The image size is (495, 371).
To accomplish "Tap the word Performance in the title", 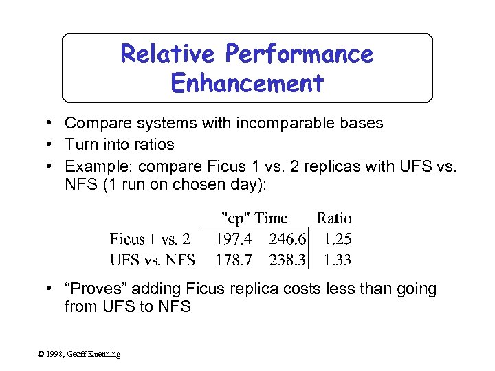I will click(299, 54).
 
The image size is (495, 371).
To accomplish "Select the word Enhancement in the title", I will click(247, 83).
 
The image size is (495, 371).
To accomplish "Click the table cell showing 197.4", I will click(234, 239).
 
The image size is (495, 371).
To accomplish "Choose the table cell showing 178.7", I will click(234, 260).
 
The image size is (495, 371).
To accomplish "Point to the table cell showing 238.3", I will click(288, 260).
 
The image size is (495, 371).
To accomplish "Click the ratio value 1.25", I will click(337, 239).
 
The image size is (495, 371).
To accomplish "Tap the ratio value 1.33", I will click(337, 260).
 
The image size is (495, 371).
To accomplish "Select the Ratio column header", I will click(334, 218).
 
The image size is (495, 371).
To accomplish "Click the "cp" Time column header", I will click(254, 218).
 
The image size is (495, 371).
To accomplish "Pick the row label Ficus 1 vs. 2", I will click(151, 239).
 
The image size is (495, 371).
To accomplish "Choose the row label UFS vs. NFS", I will click(153, 260).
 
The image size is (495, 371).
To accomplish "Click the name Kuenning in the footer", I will click(103, 354).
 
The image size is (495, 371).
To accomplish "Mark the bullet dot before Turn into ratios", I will click(51, 144).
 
